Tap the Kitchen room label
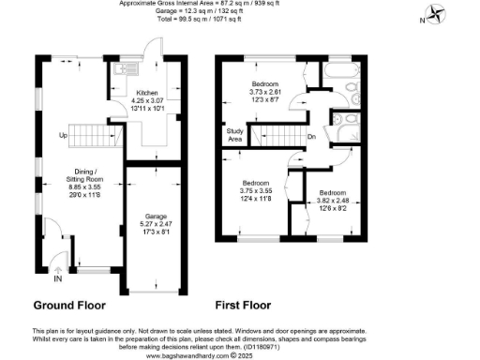pos(146,93)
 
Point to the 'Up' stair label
pos(63,137)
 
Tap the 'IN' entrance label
pos(58,279)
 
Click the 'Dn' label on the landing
pos(311,137)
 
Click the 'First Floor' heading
pos(243,306)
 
